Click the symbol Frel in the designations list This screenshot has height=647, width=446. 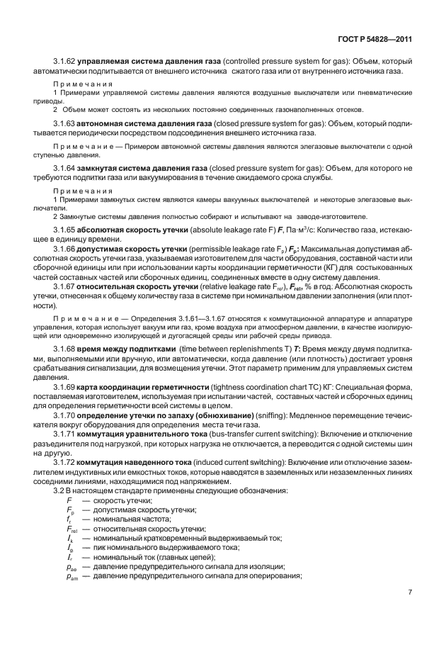click(72, 529)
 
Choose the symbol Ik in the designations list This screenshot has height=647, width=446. click(69, 538)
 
